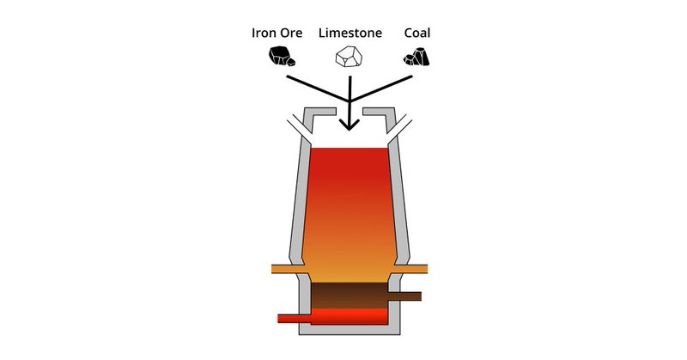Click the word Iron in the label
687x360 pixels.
click(x=264, y=34)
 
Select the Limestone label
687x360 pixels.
click(x=350, y=34)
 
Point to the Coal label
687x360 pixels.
click(x=416, y=34)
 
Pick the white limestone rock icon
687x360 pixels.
click(x=348, y=58)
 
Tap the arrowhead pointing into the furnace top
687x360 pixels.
click(x=349, y=124)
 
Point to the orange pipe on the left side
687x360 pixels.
click(x=287, y=269)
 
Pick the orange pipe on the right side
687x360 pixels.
click(x=413, y=269)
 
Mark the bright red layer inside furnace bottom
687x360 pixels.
click(x=348, y=316)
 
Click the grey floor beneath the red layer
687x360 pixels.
click(x=348, y=331)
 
